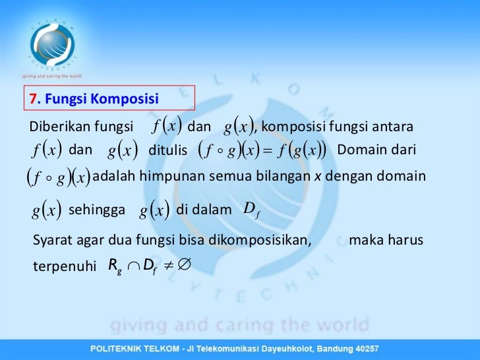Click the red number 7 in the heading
click(x=32, y=100)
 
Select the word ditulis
click(x=168, y=151)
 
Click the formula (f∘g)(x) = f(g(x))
click(x=262, y=151)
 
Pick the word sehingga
click(x=97, y=210)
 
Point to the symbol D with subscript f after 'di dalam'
click(x=249, y=210)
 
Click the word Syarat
click(x=51, y=241)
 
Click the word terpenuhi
click(x=60, y=267)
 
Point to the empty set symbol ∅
click(x=184, y=266)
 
